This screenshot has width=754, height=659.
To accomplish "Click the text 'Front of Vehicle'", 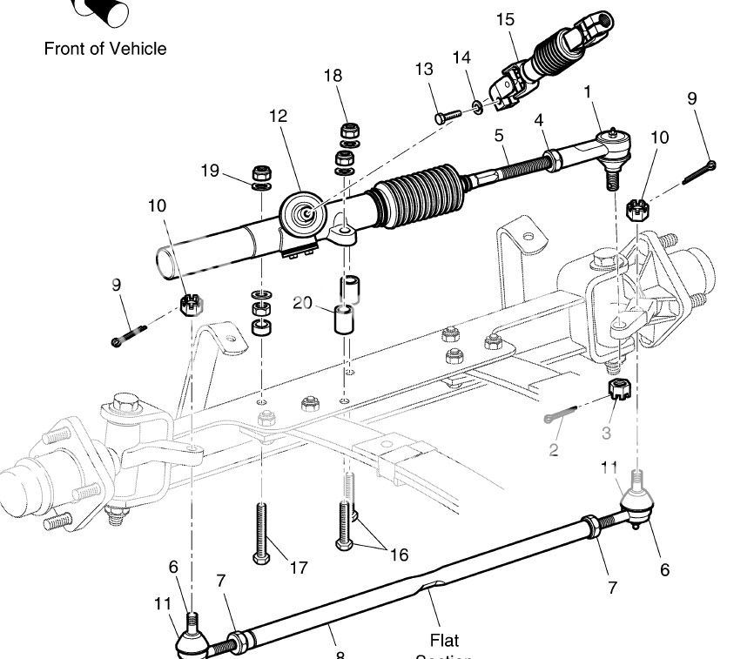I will pyautogui.click(x=104, y=49).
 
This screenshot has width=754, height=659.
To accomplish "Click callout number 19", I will pyautogui.click(x=210, y=171).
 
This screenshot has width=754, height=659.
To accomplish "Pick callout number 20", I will pyautogui.click(x=302, y=302).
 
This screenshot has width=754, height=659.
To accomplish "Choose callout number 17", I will pyautogui.click(x=298, y=568).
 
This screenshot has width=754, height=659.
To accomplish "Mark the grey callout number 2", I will pyautogui.click(x=554, y=449).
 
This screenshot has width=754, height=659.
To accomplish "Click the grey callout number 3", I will pyautogui.click(x=606, y=432).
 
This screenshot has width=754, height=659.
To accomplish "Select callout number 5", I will pyautogui.click(x=499, y=136).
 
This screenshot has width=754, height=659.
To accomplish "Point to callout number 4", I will pyautogui.click(x=539, y=119).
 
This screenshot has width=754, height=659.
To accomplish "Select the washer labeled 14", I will pyautogui.click(x=478, y=107).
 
